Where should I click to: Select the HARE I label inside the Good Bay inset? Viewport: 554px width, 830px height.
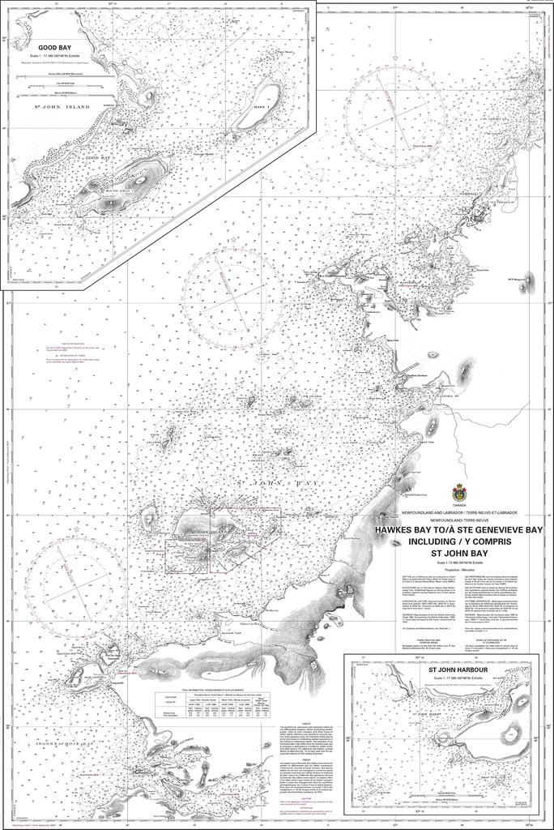(x=260, y=107)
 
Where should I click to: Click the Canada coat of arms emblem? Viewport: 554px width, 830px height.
(x=458, y=491)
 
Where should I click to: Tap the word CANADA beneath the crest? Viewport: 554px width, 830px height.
(x=458, y=505)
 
